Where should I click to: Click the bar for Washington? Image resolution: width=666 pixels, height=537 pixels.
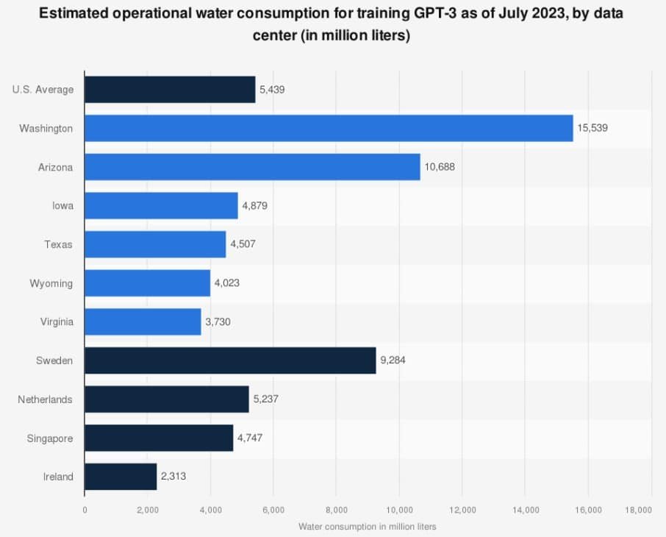(329, 128)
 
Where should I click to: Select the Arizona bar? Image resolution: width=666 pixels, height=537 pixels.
(252, 167)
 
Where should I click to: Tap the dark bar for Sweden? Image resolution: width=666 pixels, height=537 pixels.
(230, 360)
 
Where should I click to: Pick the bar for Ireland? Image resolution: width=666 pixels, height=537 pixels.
(121, 476)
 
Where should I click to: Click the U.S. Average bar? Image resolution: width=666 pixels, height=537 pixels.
(170, 90)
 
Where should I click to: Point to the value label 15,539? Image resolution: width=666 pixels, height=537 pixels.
(593, 128)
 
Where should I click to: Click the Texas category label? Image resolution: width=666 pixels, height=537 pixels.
(58, 244)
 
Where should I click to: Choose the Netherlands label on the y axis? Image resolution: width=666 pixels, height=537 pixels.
(46, 399)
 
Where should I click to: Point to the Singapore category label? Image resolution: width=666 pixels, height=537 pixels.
(49, 438)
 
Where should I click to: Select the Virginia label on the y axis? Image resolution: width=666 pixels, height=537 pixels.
(56, 321)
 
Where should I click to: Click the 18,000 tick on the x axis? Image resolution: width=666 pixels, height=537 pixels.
(638, 510)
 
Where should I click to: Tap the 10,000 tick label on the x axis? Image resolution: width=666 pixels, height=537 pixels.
(399, 510)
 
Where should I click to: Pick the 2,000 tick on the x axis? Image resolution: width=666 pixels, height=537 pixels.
(147, 510)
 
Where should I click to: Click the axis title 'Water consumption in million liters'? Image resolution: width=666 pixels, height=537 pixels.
(368, 527)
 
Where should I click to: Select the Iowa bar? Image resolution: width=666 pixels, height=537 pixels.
(161, 205)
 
